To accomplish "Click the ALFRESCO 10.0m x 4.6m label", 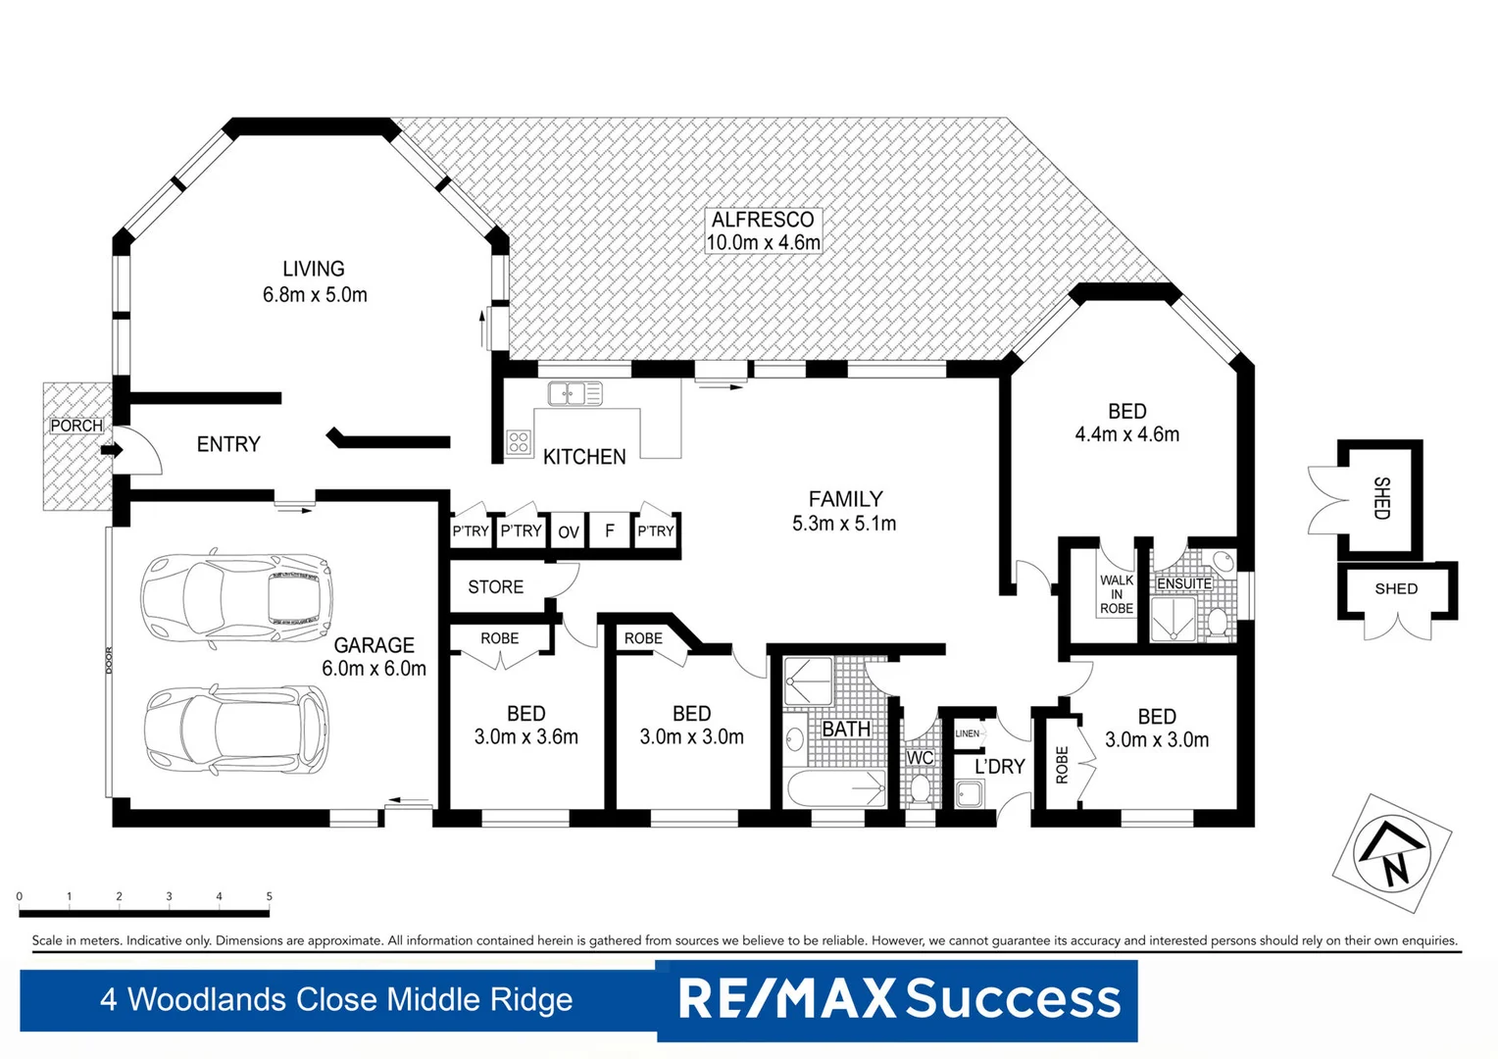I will pyautogui.click(x=763, y=231).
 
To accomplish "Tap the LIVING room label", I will pyautogui.click(x=314, y=281).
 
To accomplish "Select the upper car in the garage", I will pyautogui.click(x=236, y=596).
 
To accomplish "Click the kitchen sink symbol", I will pyautogui.click(x=574, y=394).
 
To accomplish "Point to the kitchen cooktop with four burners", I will pyautogui.click(x=519, y=442).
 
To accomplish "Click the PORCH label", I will pyautogui.click(x=76, y=426).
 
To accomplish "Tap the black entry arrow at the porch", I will pyautogui.click(x=111, y=450).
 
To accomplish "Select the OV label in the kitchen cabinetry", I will pyautogui.click(x=569, y=532).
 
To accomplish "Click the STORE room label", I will pyautogui.click(x=495, y=587).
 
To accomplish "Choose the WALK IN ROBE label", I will pyautogui.click(x=1116, y=594).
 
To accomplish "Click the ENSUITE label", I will pyautogui.click(x=1183, y=583).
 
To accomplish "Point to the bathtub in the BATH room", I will pyautogui.click(x=835, y=788).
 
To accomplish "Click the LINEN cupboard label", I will pyautogui.click(x=967, y=733).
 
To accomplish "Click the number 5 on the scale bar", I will pyautogui.click(x=269, y=896).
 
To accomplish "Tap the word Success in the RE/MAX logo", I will pyautogui.click(x=1012, y=999).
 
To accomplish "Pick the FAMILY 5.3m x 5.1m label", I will pyautogui.click(x=844, y=511).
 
